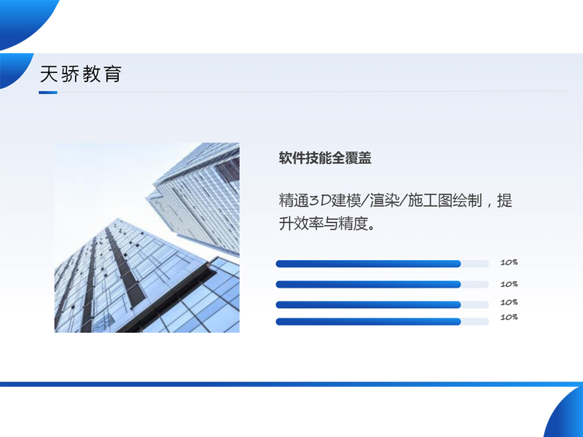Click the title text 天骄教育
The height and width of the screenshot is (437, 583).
[x=80, y=74]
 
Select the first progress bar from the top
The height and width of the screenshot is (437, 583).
[x=368, y=264]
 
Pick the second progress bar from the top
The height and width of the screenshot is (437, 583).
[x=368, y=285]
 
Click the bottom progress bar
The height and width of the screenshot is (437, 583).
[x=368, y=321]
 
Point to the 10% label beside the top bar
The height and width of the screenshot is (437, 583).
[x=509, y=262]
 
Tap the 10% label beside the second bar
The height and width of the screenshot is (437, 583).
[x=509, y=284]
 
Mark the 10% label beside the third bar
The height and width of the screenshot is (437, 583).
[x=509, y=302]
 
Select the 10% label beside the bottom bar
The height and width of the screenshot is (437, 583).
[x=509, y=318]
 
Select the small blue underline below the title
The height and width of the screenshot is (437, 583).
[x=48, y=92]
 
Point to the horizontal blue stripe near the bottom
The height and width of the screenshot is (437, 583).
[x=291, y=384]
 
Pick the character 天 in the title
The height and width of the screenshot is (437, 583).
[x=49, y=74]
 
